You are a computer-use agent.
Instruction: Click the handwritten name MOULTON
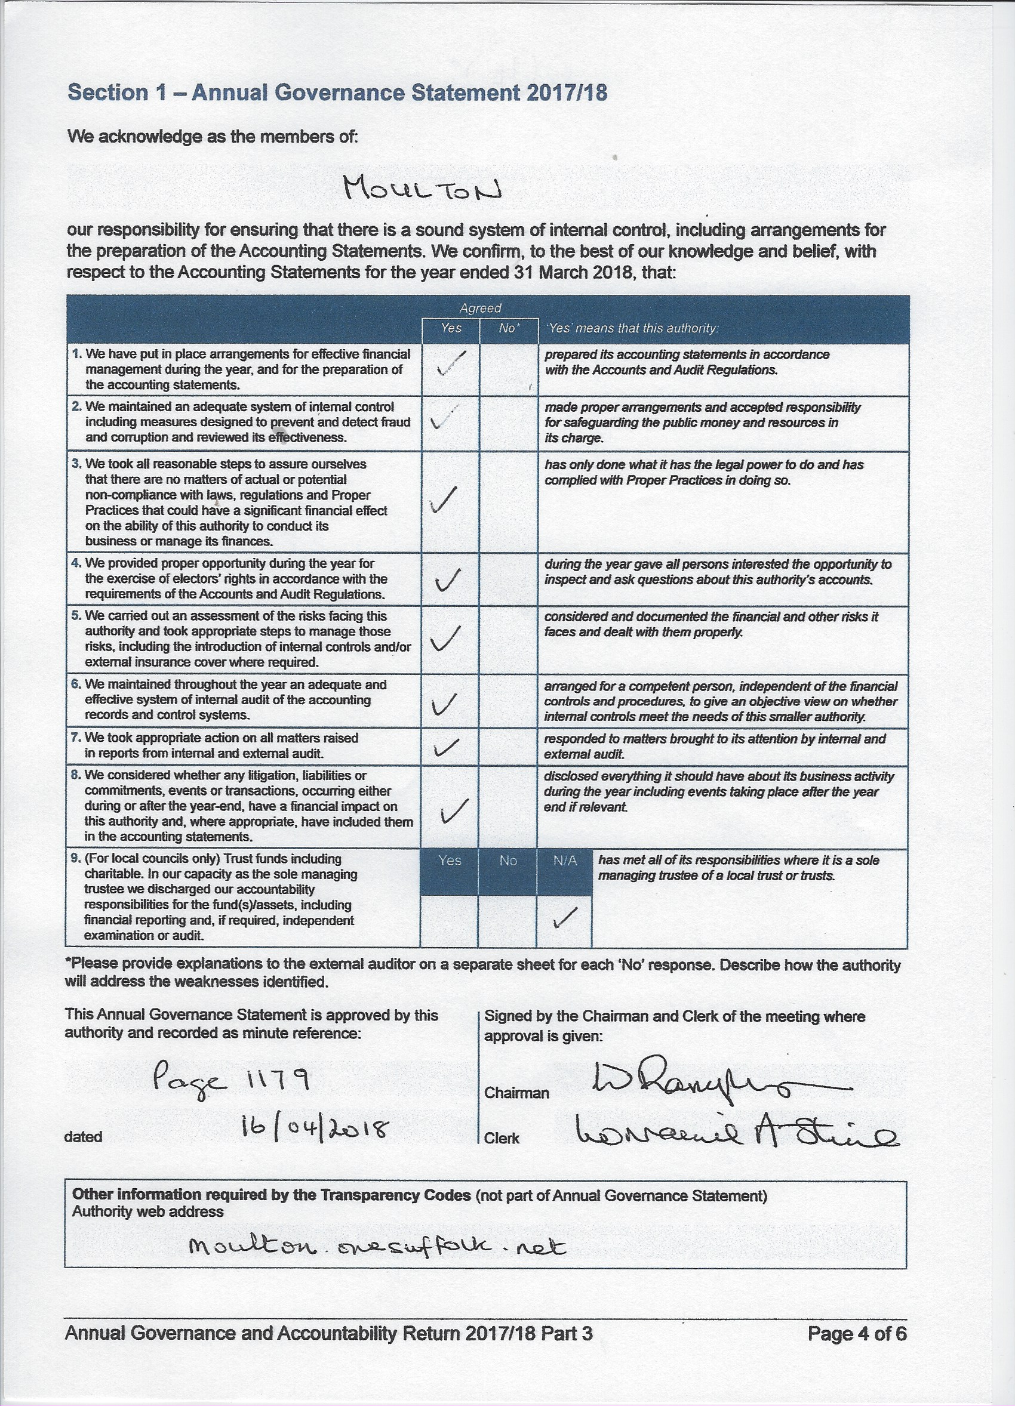tap(422, 187)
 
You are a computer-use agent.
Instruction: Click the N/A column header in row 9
tap(564, 861)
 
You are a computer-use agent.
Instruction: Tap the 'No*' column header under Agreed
tap(509, 328)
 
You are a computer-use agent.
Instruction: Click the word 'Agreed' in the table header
tap(480, 308)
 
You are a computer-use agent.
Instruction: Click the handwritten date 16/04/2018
tap(315, 1131)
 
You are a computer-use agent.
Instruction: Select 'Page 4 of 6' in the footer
tap(856, 1333)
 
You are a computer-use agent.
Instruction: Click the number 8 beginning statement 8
tap(76, 776)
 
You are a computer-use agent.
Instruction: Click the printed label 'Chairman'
tap(516, 1093)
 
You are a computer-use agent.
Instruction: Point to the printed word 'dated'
tap(83, 1137)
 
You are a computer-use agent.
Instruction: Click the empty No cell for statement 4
tap(509, 579)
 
